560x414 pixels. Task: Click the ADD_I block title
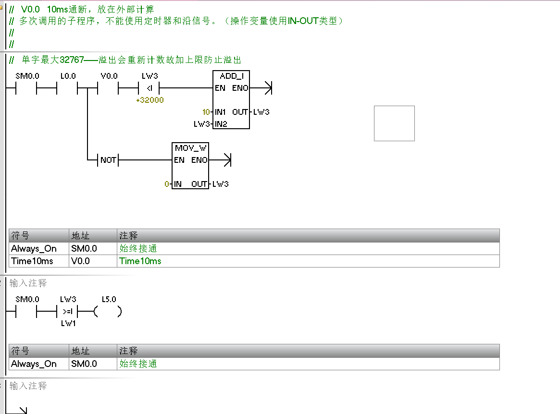coord(232,76)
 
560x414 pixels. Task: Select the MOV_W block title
coord(190,148)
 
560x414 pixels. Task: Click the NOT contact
coord(108,160)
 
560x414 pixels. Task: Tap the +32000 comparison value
coord(149,100)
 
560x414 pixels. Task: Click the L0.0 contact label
coord(68,76)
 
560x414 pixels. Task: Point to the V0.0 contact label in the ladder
coord(109,76)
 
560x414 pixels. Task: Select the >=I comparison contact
coord(68,312)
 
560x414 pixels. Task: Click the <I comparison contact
coord(149,88)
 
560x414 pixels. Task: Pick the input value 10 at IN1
coord(206,112)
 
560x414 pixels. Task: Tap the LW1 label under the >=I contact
coord(68,323)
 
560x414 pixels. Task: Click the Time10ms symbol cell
coord(32,261)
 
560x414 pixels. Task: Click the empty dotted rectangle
coord(394,123)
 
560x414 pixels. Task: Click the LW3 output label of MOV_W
coord(220,184)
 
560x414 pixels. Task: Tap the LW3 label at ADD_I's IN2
coord(201,124)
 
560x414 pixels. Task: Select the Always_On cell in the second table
coord(34,364)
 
